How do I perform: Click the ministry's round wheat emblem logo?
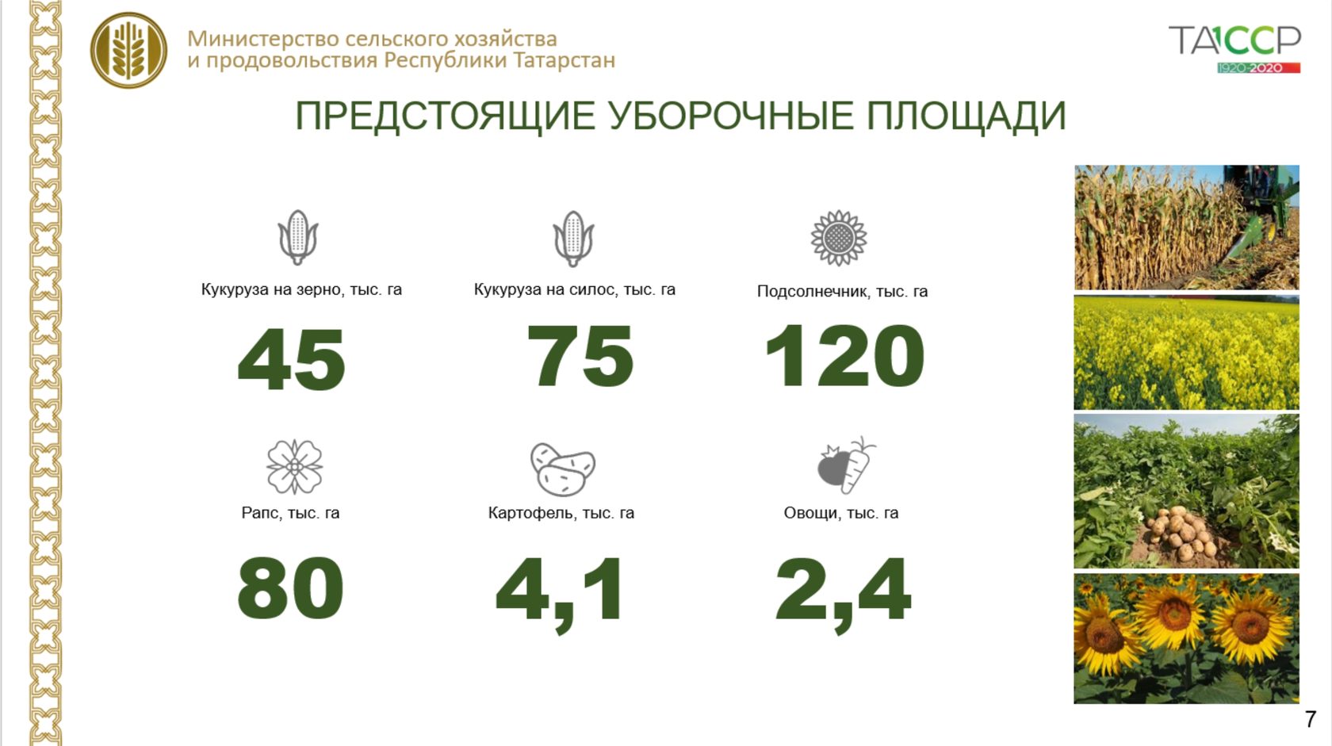point(128,51)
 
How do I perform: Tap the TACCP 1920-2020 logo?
point(1234,48)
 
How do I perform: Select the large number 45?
point(292,359)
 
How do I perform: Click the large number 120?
point(844,355)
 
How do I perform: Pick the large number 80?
point(290,588)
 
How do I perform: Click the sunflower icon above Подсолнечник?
point(839,238)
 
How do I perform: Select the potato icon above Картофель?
point(563,469)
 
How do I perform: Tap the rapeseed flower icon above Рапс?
point(294,467)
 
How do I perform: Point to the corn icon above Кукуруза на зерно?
point(298,237)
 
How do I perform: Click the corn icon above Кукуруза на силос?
point(573,239)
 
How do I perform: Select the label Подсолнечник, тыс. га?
point(842,291)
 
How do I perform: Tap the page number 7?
point(1310,719)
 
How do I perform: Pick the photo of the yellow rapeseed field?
point(1186,353)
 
